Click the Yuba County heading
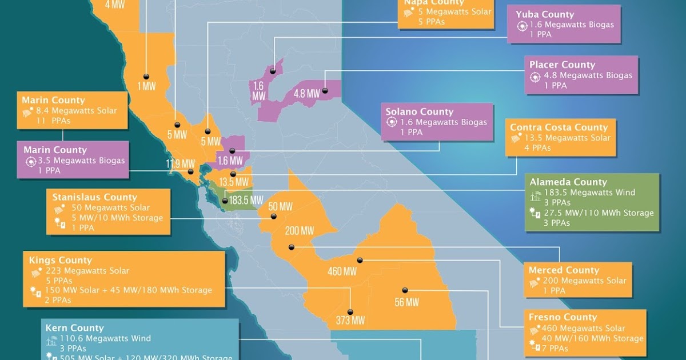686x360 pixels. tap(544, 14)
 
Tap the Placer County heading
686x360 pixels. tap(562, 65)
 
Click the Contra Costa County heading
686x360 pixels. tap(559, 127)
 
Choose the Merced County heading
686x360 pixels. tap(564, 270)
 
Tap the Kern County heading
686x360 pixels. tap(75, 328)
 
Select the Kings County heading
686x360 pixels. tap(60, 261)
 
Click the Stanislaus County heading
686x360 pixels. tap(95, 197)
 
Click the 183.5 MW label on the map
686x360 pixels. tap(246, 201)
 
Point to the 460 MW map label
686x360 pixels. tap(342, 271)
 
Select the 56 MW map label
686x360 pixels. tap(406, 302)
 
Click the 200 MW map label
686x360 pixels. tap(300, 231)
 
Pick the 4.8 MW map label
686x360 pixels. tap(306, 93)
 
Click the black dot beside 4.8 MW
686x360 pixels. tap(325, 90)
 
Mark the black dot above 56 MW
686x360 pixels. tap(405, 290)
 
